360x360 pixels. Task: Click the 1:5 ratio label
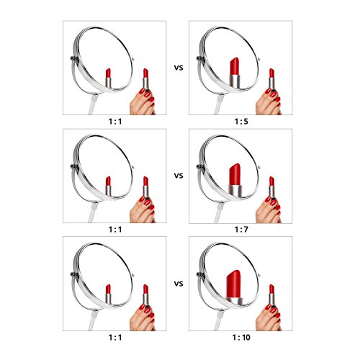click(x=241, y=122)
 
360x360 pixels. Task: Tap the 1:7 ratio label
click(x=241, y=230)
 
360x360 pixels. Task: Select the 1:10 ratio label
click(x=241, y=338)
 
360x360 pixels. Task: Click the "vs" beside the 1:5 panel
click(x=179, y=68)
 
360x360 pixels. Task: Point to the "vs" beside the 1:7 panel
click(x=179, y=176)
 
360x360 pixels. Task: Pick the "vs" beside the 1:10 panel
click(x=179, y=284)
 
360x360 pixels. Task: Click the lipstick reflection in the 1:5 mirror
click(x=235, y=73)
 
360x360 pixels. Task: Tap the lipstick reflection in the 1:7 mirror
click(x=235, y=180)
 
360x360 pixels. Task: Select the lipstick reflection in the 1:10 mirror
click(x=234, y=287)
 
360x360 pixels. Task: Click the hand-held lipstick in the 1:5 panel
click(x=271, y=78)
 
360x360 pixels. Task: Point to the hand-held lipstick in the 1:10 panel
click(x=271, y=294)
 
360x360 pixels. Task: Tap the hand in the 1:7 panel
click(x=269, y=210)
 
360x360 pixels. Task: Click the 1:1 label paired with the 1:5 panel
click(x=115, y=122)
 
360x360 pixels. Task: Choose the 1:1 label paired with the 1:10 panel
click(x=115, y=338)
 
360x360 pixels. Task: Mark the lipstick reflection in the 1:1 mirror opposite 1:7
click(x=108, y=186)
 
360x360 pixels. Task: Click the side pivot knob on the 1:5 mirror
click(x=200, y=58)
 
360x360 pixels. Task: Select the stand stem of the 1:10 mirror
click(x=219, y=320)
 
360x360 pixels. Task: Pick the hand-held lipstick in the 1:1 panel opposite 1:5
click(x=145, y=78)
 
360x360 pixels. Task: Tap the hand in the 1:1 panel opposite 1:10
click(x=143, y=318)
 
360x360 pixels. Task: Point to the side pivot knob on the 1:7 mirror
click(x=200, y=166)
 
